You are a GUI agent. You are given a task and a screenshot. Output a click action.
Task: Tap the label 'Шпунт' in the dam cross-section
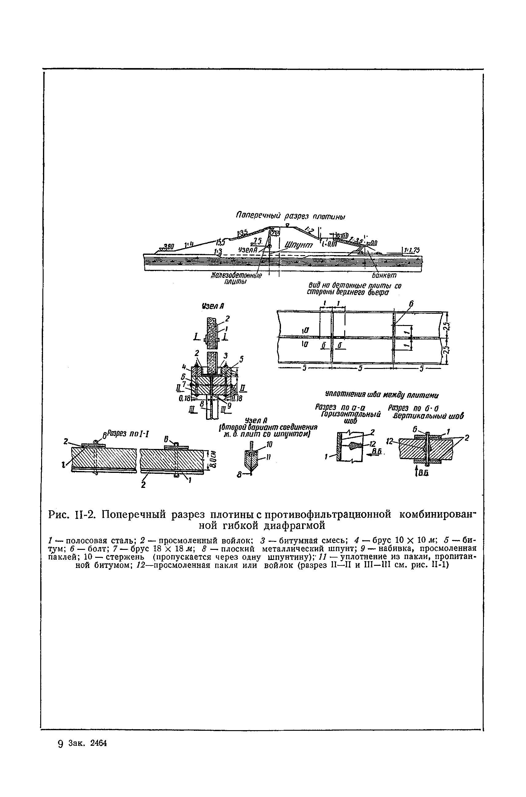(298, 245)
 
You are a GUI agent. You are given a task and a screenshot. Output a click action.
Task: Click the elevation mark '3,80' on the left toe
(169, 247)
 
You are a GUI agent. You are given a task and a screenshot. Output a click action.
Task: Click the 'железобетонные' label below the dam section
(236, 275)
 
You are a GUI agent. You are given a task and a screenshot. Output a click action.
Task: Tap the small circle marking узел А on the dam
(269, 246)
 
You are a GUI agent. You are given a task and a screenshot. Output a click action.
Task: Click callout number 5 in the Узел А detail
(241, 359)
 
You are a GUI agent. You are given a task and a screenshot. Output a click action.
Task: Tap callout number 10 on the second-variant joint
(269, 445)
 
